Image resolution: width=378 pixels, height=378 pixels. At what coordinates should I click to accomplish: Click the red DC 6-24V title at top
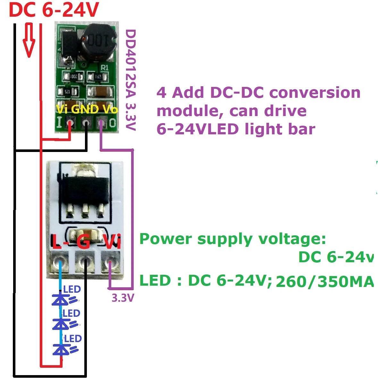click(53, 10)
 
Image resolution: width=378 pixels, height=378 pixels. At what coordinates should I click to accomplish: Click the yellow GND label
click(85, 109)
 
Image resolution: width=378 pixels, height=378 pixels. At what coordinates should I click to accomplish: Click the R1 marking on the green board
click(105, 68)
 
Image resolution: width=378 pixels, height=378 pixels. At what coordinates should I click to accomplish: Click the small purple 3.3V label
click(122, 298)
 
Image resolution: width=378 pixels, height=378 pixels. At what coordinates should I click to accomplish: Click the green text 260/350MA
click(324, 282)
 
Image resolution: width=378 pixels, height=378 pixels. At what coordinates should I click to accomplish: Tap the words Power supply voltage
click(232, 239)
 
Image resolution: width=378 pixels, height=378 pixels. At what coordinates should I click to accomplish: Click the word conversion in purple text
click(315, 93)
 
